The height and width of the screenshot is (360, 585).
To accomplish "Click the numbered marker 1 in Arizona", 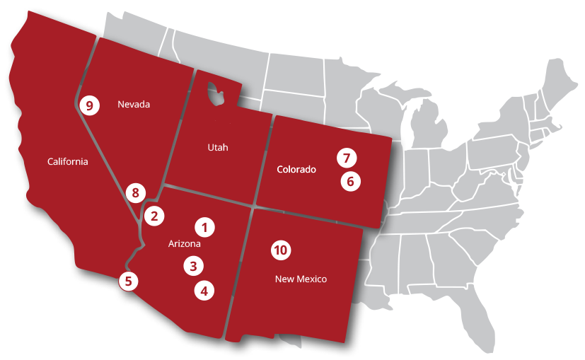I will coord(204,227).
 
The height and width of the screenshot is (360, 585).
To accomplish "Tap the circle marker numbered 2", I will coord(155,215).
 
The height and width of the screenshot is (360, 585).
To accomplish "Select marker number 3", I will coord(193,266).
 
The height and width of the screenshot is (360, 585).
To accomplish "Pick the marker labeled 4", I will coord(204,289).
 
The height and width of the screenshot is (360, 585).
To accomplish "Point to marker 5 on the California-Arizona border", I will coord(128,281).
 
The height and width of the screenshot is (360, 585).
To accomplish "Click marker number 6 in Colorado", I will coord(349,181).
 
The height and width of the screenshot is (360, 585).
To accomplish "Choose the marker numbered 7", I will coord(346,157).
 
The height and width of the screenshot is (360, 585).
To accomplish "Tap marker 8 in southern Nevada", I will coord(135,192).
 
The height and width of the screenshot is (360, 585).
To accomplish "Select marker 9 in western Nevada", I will coord(88,105).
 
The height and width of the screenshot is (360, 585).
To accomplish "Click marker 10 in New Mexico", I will coord(281,250).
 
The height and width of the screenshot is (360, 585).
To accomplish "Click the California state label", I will coord(68,161).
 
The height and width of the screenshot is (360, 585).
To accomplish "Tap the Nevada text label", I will coord(134,105).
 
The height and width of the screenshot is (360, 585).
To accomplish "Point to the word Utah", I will coord(219,147).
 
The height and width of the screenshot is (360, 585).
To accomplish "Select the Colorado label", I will coord(296,170).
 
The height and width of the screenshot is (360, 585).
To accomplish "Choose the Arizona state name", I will coord(185,244).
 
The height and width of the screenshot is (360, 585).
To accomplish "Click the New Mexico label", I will coord(301,279).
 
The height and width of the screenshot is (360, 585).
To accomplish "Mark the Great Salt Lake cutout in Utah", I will coord(215,93).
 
